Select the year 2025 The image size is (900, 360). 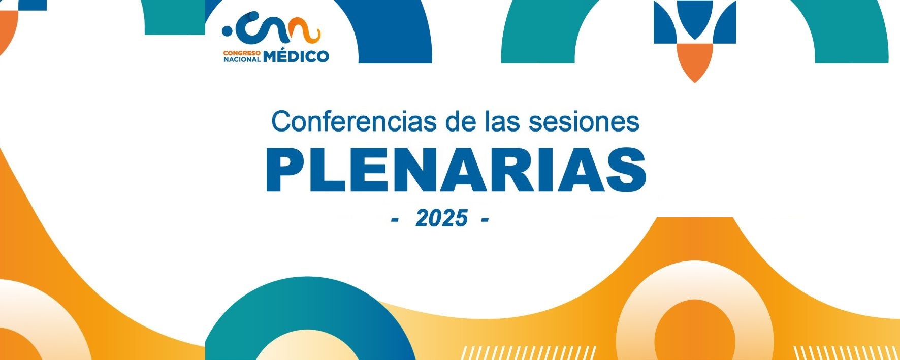441,218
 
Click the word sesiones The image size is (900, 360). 584,121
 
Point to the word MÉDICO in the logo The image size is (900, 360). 296,55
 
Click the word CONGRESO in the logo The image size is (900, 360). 242,52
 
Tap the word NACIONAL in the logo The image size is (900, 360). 242,59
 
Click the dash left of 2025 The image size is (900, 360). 395,220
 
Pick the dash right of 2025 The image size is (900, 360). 484,220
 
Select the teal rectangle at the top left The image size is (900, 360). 175,17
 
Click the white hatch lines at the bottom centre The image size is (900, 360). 528,353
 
